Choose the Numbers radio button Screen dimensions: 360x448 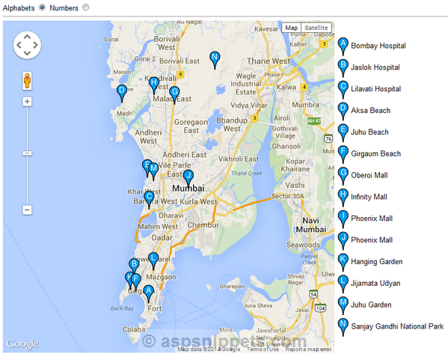click(x=85, y=7)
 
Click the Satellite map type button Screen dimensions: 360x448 click(x=316, y=28)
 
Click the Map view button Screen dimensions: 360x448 click(x=291, y=28)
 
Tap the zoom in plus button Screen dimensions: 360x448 click(x=27, y=101)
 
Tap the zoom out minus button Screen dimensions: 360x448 click(x=27, y=210)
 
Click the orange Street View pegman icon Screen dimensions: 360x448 click(x=27, y=80)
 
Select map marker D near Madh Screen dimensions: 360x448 click(x=121, y=91)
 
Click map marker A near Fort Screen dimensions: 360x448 click(x=148, y=292)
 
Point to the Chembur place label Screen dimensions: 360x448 click(x=203, y=225)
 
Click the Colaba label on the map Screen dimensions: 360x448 click(x=134, y=329)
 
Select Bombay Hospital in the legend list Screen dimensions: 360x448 click(x=378, y=46)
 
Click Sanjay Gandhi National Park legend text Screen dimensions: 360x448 click(x=397, y=326)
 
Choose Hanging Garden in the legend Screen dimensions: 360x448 click(x=379, y=262)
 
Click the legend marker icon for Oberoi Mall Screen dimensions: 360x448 click(x=343, y=174)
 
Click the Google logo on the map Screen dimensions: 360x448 click(x=22, y=344)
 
